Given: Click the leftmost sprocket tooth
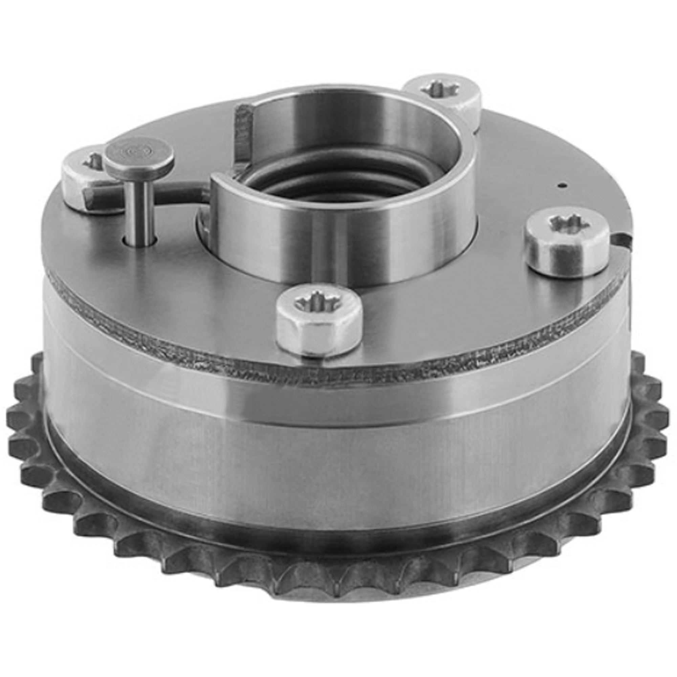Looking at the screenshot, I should [16, 419].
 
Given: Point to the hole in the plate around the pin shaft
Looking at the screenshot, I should [140, 242].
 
